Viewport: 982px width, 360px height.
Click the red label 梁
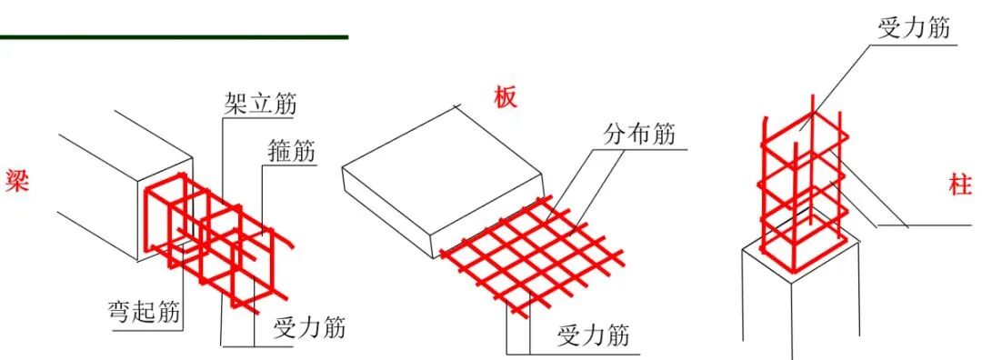pos(17,180)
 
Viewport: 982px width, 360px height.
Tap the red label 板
pos(505,97)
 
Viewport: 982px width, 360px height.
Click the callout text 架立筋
pos(260,104)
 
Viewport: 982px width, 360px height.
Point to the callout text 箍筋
pos(293,152)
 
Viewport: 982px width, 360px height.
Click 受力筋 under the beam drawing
pos(309,327)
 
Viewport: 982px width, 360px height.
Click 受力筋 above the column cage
pos(914,28)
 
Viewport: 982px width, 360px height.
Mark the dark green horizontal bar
pos(174,37)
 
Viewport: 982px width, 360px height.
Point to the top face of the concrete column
pos(800,249)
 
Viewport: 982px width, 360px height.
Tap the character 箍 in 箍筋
pos(280,152)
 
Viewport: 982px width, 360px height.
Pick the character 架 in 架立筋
pos(235,104)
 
